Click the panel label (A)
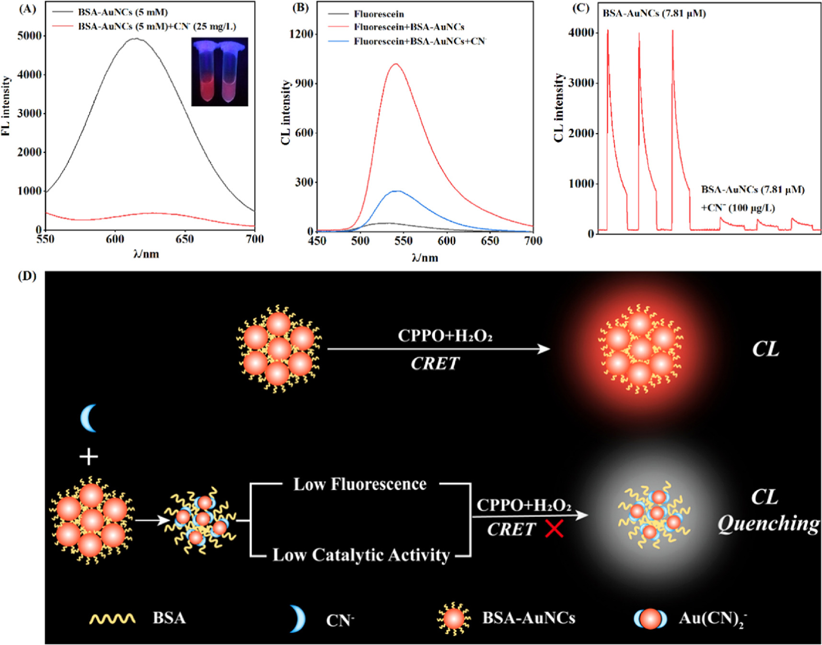(x=27, y=9)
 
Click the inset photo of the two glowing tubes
(x=220, y=72)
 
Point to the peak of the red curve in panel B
(x=395, y=64)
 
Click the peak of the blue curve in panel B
(x=397, y=191)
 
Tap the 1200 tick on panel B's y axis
(x=301, y=34)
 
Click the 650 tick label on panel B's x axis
(x=489, y=241)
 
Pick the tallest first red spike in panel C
(x=608, y=31)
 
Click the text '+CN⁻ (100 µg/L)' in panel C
(x=738, y=208)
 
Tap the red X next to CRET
(x=554, y=529)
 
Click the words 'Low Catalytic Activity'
(x=361, y=555)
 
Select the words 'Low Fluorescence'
(x=360, y=484)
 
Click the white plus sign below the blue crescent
(x=89, y=457)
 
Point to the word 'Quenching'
(x=768, y=524)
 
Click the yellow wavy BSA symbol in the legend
(x=112, y=619)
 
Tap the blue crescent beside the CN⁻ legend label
(x=298, y=619)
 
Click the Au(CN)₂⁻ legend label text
(x=712, y=619)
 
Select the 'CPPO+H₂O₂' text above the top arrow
(x=445, y=336)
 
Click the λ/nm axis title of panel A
(x=146, y=253)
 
